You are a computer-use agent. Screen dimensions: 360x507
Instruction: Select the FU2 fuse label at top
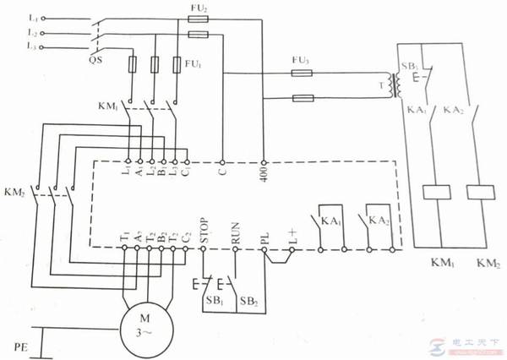click(x=199, y=8)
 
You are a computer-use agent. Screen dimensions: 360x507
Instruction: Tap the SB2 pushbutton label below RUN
click(x=248, y=300)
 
